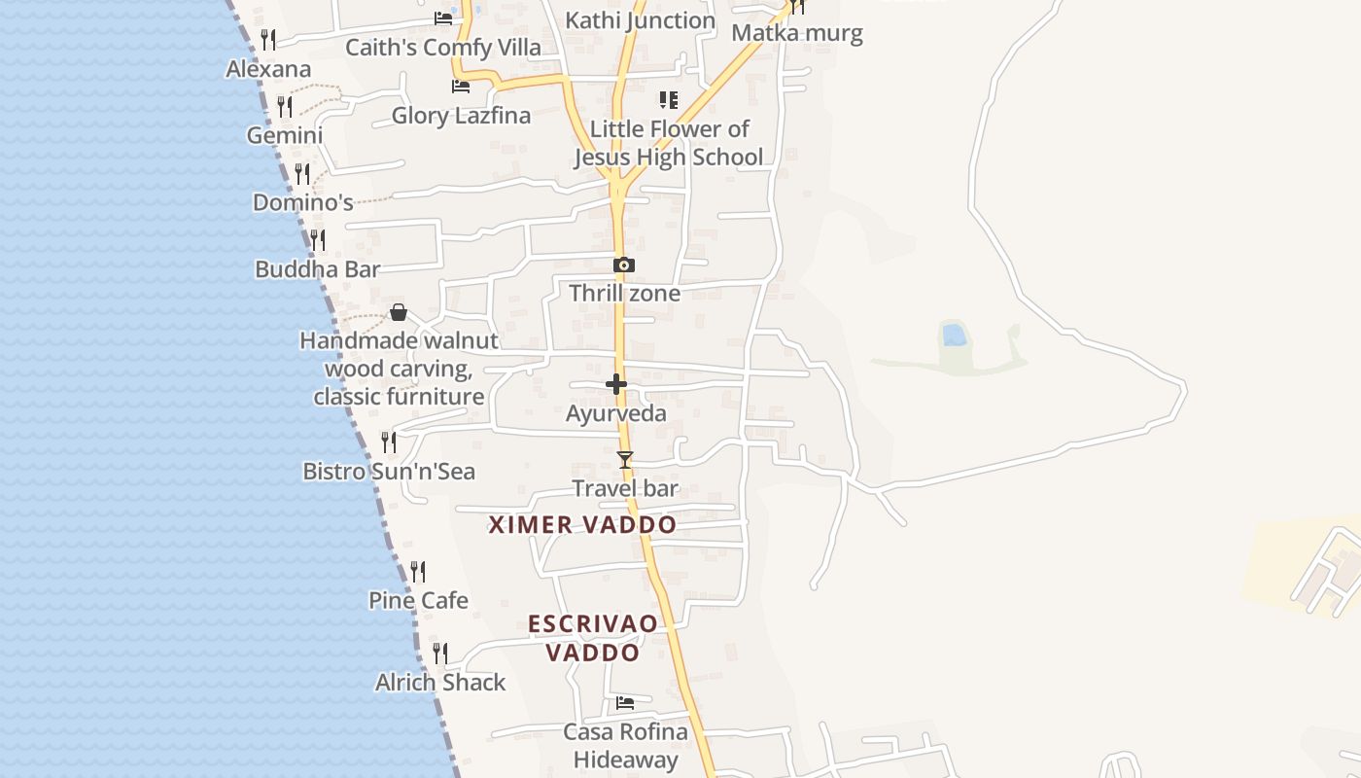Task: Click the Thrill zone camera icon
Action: coord(624,265)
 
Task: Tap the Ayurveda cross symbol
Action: coord(616,385)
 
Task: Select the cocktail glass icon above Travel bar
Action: coord(625,459)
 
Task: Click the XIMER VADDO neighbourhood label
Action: coord(582,525)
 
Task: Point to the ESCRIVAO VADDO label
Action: coord(593,638)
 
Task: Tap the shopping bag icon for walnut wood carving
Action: coord(399,312)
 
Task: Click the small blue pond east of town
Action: coord(955,336)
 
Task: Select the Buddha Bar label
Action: coord(317,269)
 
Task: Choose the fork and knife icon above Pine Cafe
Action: coord(418,571)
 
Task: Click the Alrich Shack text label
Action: coord(440,683)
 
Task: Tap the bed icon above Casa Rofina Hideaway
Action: coord(625,702)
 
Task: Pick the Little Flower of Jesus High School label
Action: coord(669,143)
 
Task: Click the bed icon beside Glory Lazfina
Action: coord(461,87)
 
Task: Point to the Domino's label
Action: coord(302,202)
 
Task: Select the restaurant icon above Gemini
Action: coord(285,106)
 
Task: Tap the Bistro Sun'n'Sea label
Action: coord(389,472)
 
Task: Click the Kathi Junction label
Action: coord(640,20)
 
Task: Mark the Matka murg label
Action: coord(797,34)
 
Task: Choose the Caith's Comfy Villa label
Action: coord(443,47)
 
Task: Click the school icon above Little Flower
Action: coord(669,99)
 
